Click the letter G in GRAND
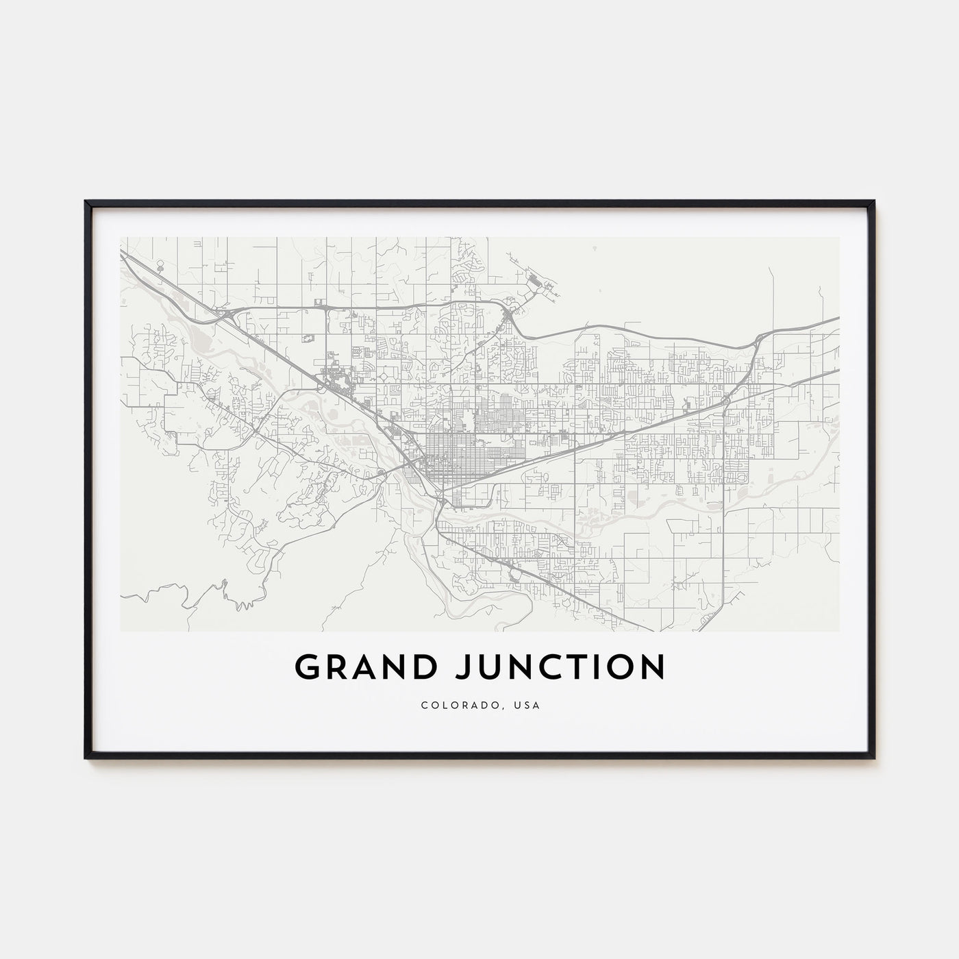[306, 667]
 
